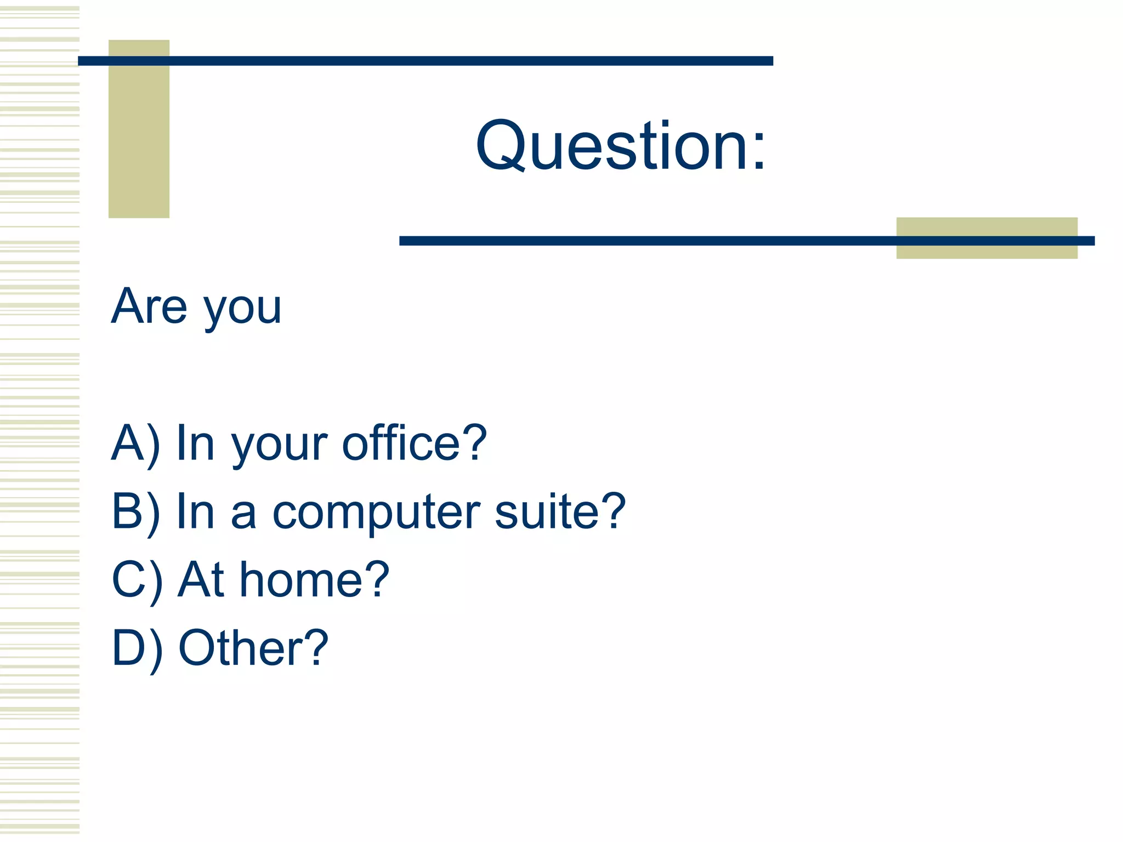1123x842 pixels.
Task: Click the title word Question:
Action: tap(620, 146)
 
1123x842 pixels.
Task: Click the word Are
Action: tap(149, 306)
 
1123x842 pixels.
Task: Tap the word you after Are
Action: tap(242, 310)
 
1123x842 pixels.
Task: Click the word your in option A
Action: tap(279, 446)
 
